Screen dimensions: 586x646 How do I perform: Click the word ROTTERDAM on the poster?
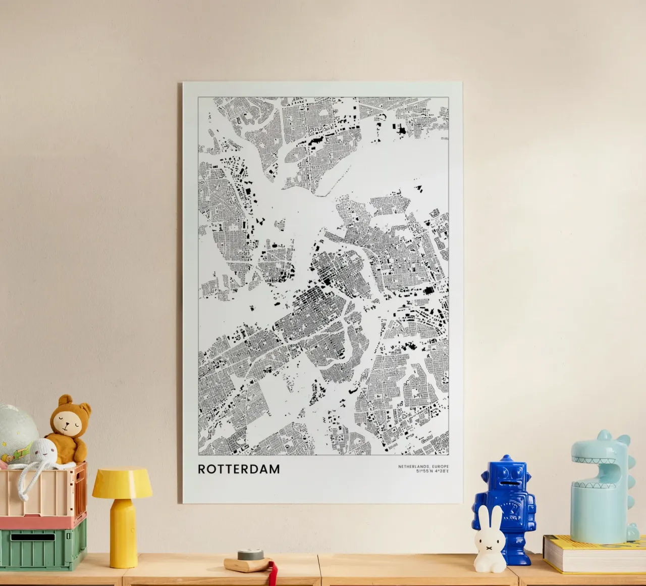[x=239, y=469]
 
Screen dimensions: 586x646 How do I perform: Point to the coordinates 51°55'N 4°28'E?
[x=433, y=472]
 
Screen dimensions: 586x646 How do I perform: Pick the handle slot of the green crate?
[x=33, y=537]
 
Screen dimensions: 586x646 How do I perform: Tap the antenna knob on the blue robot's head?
[x=506, y=458]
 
